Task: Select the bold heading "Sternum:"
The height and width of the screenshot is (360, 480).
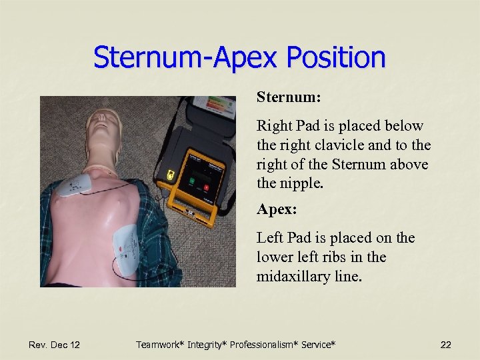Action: click(289, 97)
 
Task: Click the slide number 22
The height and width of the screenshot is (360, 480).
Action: click(446, 345)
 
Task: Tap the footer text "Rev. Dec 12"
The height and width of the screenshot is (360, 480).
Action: click(54, 345)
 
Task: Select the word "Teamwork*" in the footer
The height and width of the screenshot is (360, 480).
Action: click(160, 345)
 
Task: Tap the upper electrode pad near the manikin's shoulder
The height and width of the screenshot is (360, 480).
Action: click(76, 186)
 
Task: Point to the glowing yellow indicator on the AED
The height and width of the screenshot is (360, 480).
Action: click(171, 175)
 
